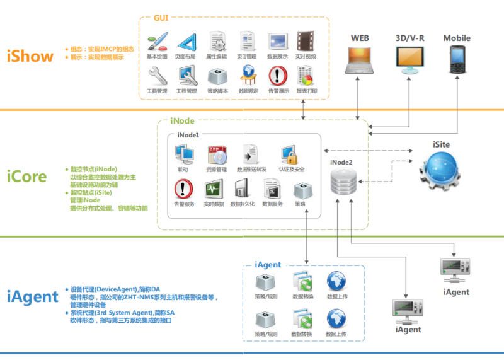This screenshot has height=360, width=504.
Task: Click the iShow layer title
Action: (x=30, y=56)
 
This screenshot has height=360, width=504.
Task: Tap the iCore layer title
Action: (x=27, y=176)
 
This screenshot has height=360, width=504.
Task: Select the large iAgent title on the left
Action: (x=33, y=296)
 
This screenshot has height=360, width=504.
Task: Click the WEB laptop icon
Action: (x=360, y=60)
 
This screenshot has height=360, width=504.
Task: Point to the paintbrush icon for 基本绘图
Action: (x=157, y=43)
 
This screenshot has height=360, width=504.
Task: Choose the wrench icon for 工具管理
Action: (x=157, y=76)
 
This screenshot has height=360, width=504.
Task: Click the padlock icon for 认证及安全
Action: (x=289, y=155)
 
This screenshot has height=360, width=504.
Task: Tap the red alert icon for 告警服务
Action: (x=184, y=189)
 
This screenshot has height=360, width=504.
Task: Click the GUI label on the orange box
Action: (x=161, y=17)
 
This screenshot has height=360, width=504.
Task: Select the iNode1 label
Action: (x=188, y=135)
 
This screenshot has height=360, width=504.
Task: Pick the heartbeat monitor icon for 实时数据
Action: (x=214, y=189)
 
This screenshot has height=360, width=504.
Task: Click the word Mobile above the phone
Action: (x=457, y=38)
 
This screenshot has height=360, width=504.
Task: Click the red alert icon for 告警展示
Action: (x=278, y=76)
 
